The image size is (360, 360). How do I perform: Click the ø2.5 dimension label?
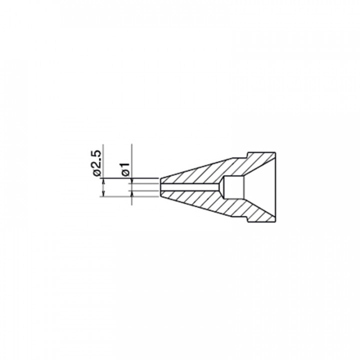(x=97, y=163)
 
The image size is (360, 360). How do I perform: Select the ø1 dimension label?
(x=126, y=169)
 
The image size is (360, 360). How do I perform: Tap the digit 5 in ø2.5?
(x=97, y=154)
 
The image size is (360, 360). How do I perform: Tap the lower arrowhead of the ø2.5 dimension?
(x=103, y=194)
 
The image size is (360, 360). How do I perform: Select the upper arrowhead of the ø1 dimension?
(x=132, y=181)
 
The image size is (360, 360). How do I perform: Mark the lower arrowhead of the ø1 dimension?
(x=132, y=193)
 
